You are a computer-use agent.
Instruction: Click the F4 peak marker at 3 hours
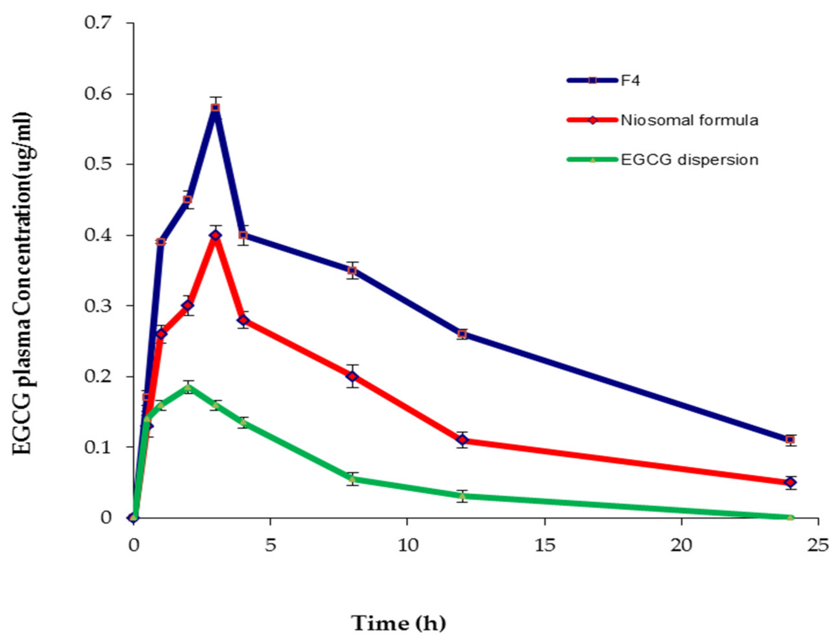215,108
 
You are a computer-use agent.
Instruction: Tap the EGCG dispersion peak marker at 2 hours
188,387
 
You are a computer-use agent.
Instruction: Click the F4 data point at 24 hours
790,439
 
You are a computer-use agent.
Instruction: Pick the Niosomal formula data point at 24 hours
790,482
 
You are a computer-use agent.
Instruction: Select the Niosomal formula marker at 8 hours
353,376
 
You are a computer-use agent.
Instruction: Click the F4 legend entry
630,81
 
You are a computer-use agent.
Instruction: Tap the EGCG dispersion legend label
689,160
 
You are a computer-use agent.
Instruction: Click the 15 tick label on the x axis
545,546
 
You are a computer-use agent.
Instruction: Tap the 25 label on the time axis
818,546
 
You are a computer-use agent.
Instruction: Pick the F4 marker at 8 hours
353,270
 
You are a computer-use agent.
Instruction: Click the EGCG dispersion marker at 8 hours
353,479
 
